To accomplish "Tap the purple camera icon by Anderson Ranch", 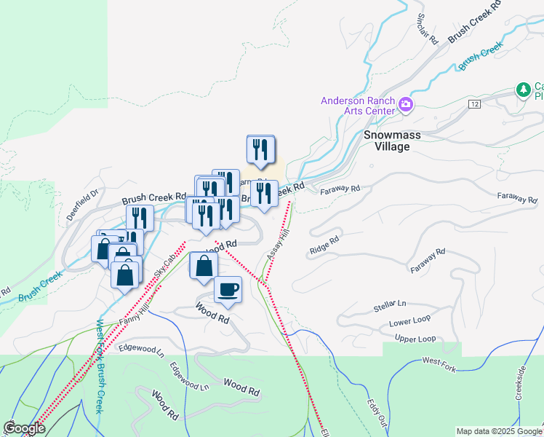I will (406, 106).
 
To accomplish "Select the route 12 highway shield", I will (475, 105).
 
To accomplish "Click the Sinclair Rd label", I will (427, 28).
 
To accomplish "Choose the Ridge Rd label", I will (324, 244).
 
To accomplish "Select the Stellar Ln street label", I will (389, 303).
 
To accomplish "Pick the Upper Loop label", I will (415, 339).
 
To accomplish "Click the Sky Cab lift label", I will (166, 264).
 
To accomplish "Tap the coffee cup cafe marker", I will (228, 290).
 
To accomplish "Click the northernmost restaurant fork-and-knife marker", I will (260, 149).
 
